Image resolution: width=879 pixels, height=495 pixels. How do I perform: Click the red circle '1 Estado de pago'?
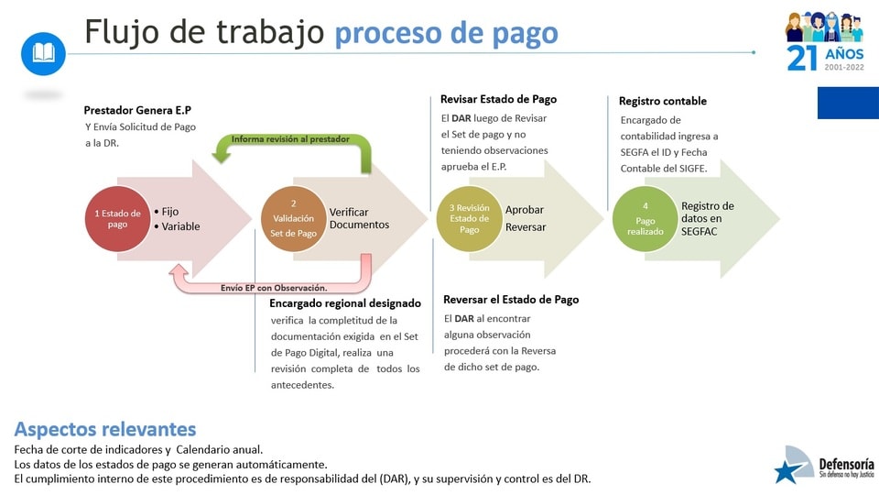[118, 219]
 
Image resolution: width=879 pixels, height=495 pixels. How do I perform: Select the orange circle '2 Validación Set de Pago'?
[294, 219]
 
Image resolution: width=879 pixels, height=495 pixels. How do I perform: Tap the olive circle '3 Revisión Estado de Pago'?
[469, 219]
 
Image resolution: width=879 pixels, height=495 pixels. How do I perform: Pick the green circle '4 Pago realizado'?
[646, 219]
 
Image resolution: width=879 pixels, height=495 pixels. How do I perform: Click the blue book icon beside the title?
[43, 54]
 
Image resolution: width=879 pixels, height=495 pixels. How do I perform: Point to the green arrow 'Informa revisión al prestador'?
[291, 139]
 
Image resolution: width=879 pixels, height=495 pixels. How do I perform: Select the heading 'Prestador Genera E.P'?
[137, 110]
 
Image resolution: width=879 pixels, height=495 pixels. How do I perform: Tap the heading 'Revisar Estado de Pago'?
[498, 99]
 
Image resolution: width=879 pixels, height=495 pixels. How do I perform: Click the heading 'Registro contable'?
[663, 101]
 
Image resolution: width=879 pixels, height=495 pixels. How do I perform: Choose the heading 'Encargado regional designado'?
[345, 303]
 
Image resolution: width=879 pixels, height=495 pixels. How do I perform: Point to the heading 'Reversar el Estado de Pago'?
[511, 300]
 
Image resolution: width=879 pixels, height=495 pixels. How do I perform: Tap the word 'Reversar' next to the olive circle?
[526, 227]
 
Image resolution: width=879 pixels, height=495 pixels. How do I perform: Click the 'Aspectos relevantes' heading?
[105, 429]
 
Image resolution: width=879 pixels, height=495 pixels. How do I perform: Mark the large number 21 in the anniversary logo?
[802, 58]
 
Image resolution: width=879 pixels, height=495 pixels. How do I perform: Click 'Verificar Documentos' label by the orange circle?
[359, 218]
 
